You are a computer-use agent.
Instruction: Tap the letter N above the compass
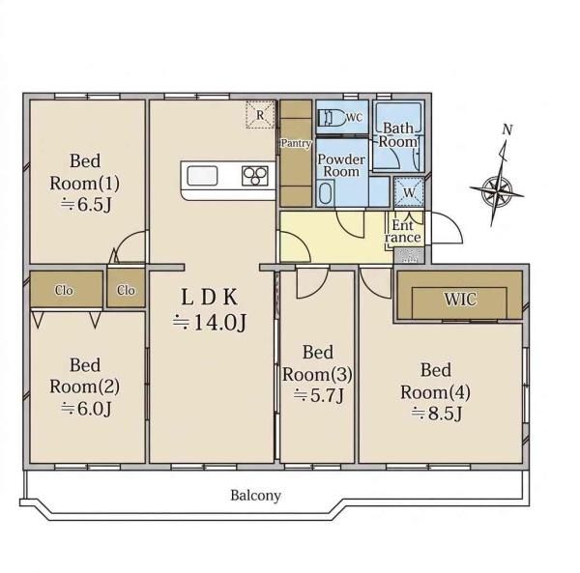pyautogui.click(x=507, y=129)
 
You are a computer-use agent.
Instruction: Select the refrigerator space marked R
pyautogui.click(x=261, y=115)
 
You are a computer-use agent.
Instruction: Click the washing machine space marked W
pyautogui.click(x=409, y=192)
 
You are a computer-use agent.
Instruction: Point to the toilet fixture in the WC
pyautogui.click(x=331, y=118)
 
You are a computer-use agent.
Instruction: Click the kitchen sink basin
pyautogui.click(x=202, y=176)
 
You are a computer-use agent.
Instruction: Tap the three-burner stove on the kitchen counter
pyautogui.click(x=255, y=176)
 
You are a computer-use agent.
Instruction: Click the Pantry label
pyautogui.click(x=296, y=143)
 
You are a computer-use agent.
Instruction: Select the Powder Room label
pyautogui.click(x=341, y=165)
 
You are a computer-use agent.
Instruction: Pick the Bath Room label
pyautogui.click(x=398, y=135)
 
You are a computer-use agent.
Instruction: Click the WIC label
pyautogui.click(x=460, y=300)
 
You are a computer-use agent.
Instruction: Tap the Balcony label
pyautogui.click(x=255, y=495)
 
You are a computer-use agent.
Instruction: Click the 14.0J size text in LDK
pyautogui.click(x=210, y=322)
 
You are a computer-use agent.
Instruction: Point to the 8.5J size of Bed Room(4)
pyautogui.click(x=437, y=414)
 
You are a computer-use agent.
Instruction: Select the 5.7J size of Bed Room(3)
pyautogui.click(x=319, y=395)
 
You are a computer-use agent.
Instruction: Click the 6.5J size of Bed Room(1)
pyautogui.click(x=86, y=205)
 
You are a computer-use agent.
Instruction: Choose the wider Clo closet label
pyautogui.click(x=64, y=290)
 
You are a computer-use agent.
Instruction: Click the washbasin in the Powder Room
pyautogui.click(x=326, y=192)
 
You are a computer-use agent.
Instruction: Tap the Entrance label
pyautogui.click(x=403, y=231)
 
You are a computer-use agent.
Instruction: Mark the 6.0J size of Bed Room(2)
pyautogui.click(x=86, y=409)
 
